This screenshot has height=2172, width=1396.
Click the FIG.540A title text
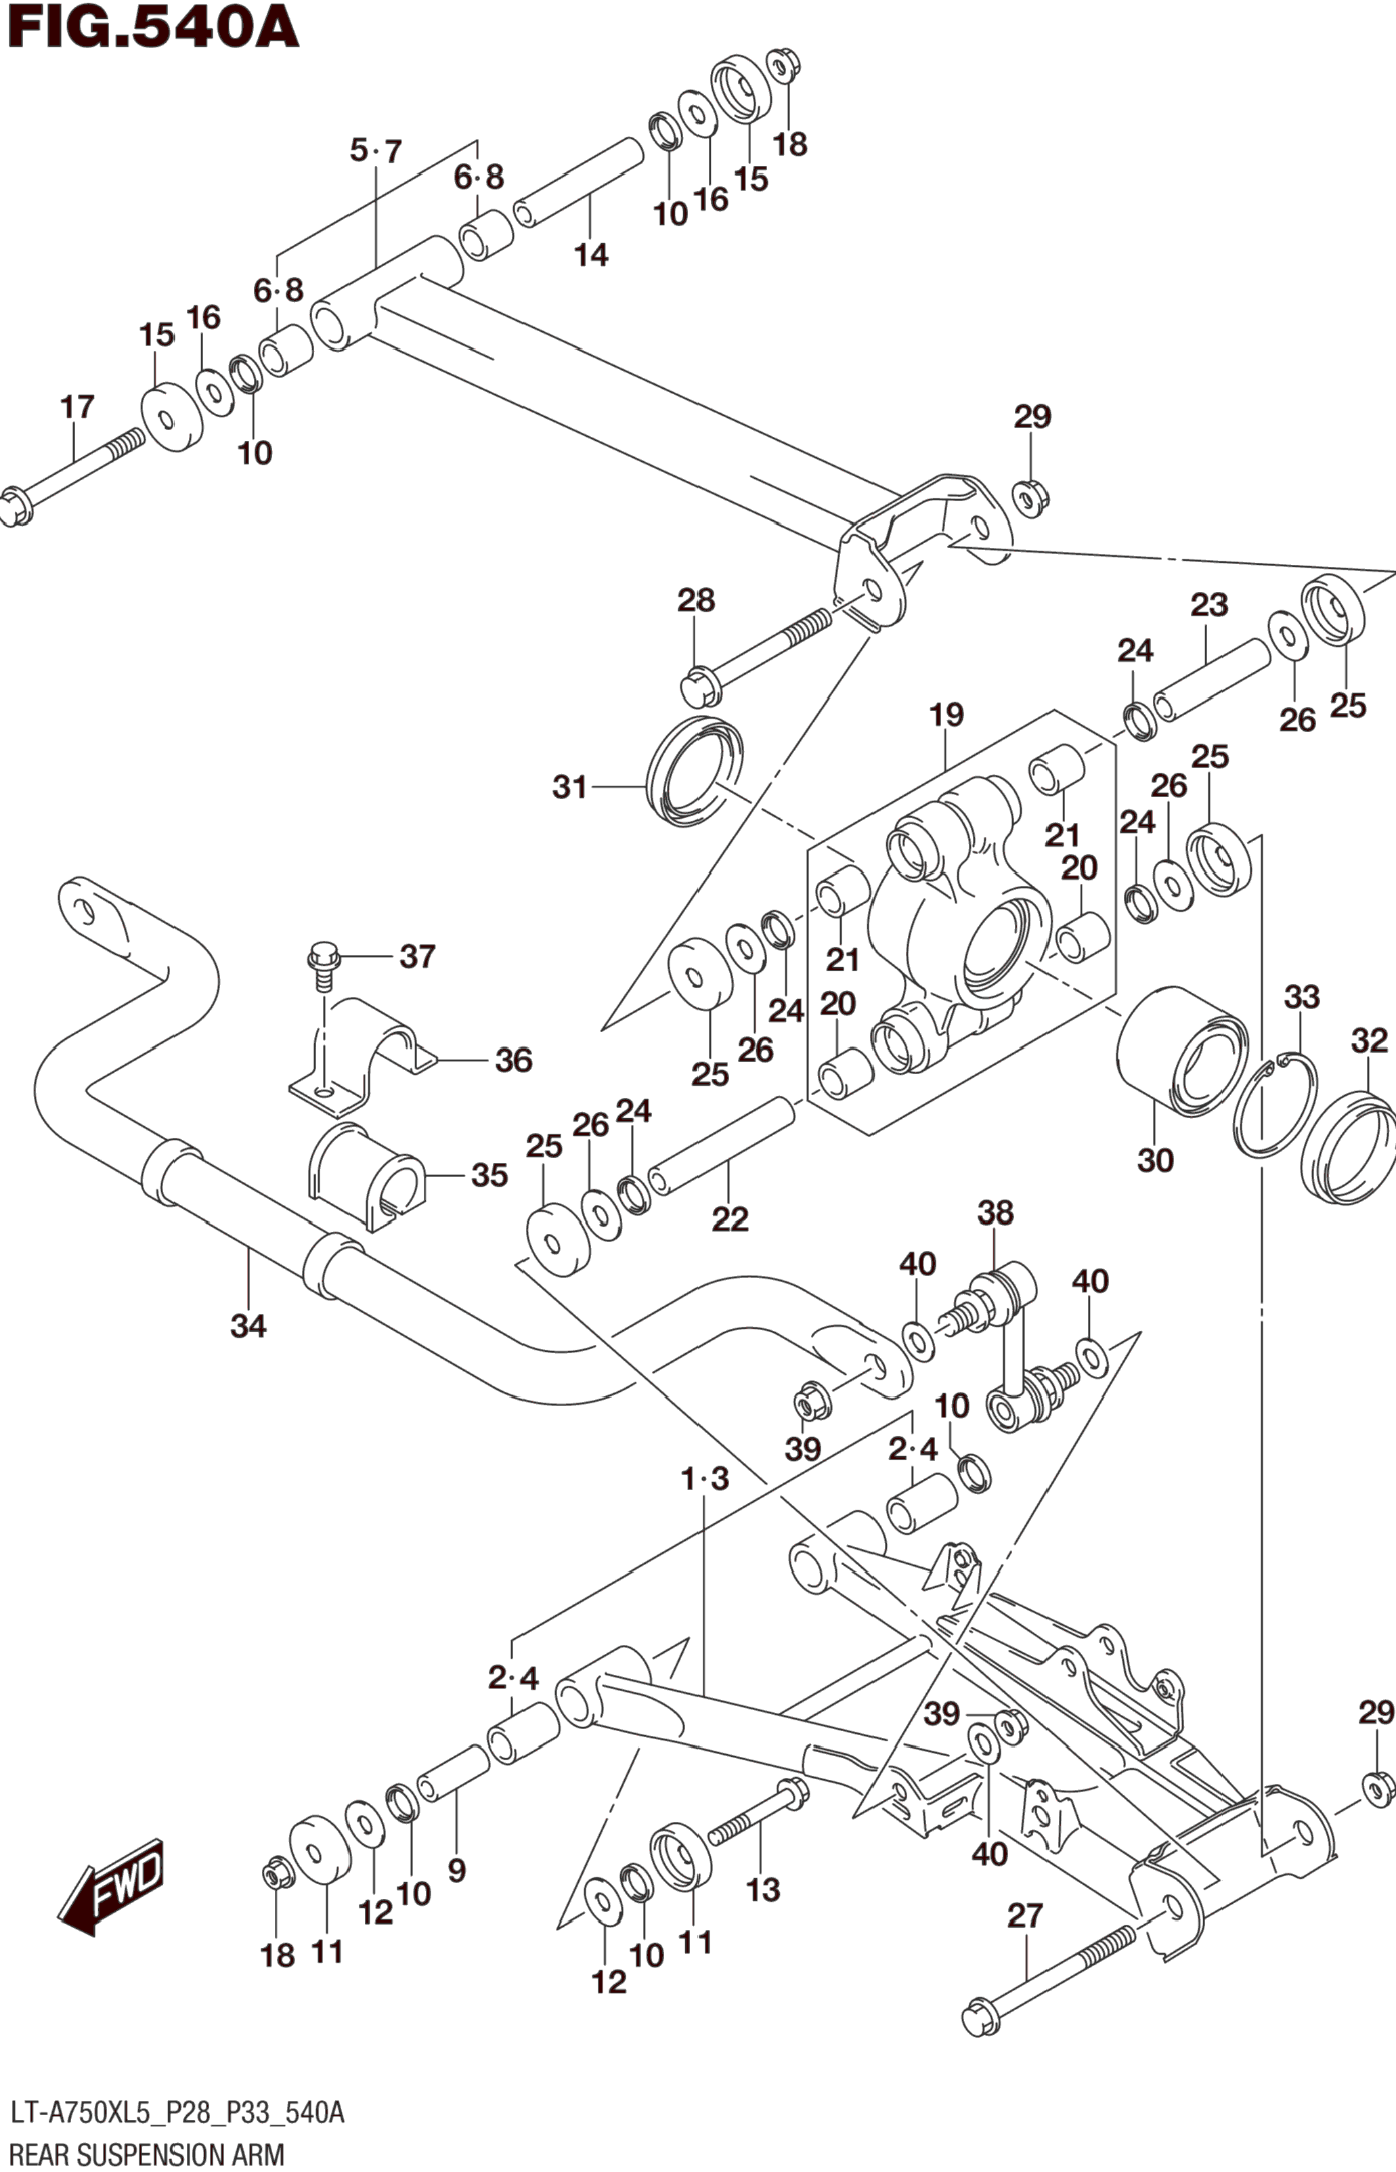point(152,27)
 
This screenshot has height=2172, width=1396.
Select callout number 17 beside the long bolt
point(77,406)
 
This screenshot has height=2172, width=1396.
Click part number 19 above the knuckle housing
point(946,715)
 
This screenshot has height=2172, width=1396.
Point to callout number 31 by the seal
point(570,786)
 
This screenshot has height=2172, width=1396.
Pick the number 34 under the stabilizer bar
point(248,1326)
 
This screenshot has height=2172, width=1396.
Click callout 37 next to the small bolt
point(418,956)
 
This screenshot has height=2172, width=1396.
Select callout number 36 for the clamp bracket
point(513,1060)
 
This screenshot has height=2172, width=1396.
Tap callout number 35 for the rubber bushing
point(489,1175)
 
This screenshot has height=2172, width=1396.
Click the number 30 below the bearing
point(1156,1160)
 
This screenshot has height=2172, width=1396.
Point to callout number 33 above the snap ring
point(1302,998)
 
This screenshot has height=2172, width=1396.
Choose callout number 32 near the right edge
point(1370,1040)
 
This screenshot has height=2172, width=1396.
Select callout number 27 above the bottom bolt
point(1025,1916)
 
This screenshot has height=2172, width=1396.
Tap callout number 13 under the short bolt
point(763,1890)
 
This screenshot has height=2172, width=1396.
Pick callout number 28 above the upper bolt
point(696,600)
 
